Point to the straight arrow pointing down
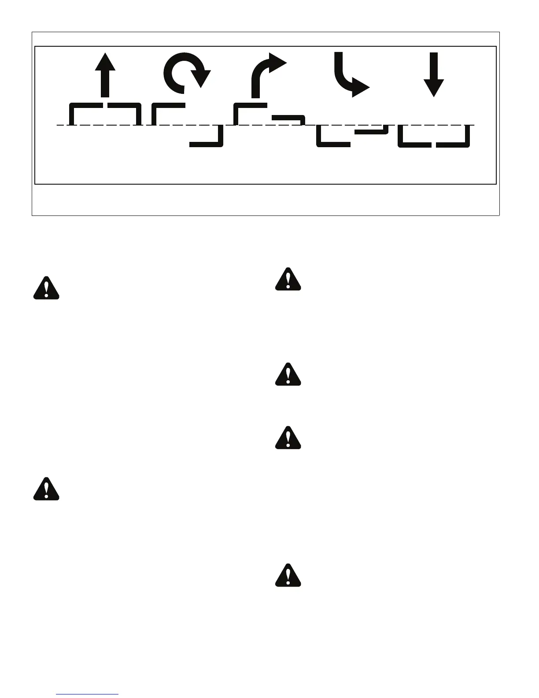point(434,74)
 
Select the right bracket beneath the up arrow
point(126,112)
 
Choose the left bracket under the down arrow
point(413,137)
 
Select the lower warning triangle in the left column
point(47,489)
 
